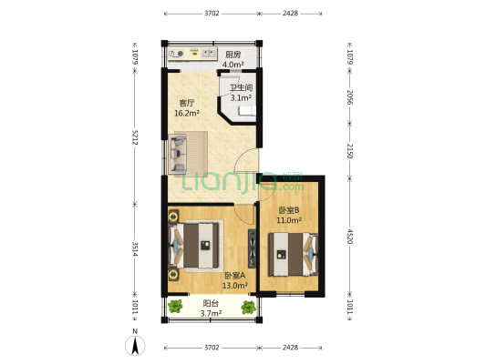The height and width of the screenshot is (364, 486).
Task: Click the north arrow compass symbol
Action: tap(135, 346)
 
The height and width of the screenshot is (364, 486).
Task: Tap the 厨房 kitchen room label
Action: tap(233, 55)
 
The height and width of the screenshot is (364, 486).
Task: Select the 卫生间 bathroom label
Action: tap(241, 88)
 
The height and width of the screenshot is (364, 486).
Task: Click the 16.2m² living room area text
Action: tap(187, 113)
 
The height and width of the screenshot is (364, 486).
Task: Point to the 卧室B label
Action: tap(289, 210)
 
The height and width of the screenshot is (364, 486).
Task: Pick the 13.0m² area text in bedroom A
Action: tap(234, 286)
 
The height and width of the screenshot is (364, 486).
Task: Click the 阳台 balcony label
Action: tap(211, 303)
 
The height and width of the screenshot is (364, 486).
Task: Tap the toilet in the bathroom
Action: tap(247, 111)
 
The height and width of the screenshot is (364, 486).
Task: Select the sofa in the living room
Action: tap(178, 154)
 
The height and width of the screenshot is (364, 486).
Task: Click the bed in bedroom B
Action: tap(294, 254)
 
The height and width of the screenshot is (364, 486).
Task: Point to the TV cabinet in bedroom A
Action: tap(252, 248)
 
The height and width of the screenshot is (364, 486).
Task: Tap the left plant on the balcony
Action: tap(175, 307)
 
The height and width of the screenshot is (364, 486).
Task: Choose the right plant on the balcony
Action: tap(249, 307)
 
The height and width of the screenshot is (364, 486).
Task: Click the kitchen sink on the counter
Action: tap(209, 54)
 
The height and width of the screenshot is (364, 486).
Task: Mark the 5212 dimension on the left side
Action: tap(135, 137)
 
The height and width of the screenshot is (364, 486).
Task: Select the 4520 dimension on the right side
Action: tap(349, 237)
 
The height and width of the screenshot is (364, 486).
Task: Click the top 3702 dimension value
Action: tap(212, 13)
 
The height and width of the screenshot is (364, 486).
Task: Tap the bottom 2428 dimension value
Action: tap(290, 348)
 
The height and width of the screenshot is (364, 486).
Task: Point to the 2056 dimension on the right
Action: tap(349, 97)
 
